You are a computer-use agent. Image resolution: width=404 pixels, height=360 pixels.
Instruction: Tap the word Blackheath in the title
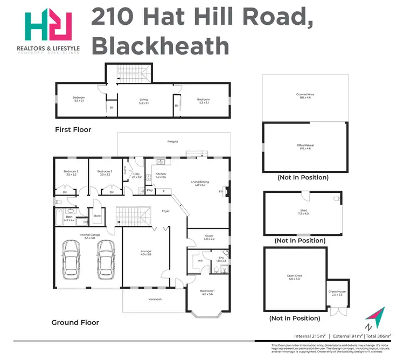click(160, 46)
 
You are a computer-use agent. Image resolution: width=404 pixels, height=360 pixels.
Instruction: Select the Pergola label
click(172, 142)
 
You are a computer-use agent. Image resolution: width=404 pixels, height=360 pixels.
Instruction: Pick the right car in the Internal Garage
click(105, 257)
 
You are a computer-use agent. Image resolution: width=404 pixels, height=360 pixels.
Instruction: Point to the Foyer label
click(166, 211)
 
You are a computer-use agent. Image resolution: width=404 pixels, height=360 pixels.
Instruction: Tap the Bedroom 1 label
click(207, 292)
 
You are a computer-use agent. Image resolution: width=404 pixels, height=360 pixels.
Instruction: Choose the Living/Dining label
click(200, 183)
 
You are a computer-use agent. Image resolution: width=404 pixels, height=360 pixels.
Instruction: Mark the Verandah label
click(155, 300)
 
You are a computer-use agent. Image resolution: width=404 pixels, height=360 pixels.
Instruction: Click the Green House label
click(337, 293)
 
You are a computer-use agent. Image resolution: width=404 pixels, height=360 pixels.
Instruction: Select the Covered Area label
click(305, 96)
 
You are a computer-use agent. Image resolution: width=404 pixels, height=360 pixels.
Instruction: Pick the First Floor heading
click(73, 130)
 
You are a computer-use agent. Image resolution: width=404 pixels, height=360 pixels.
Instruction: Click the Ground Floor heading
click(75, 322)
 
